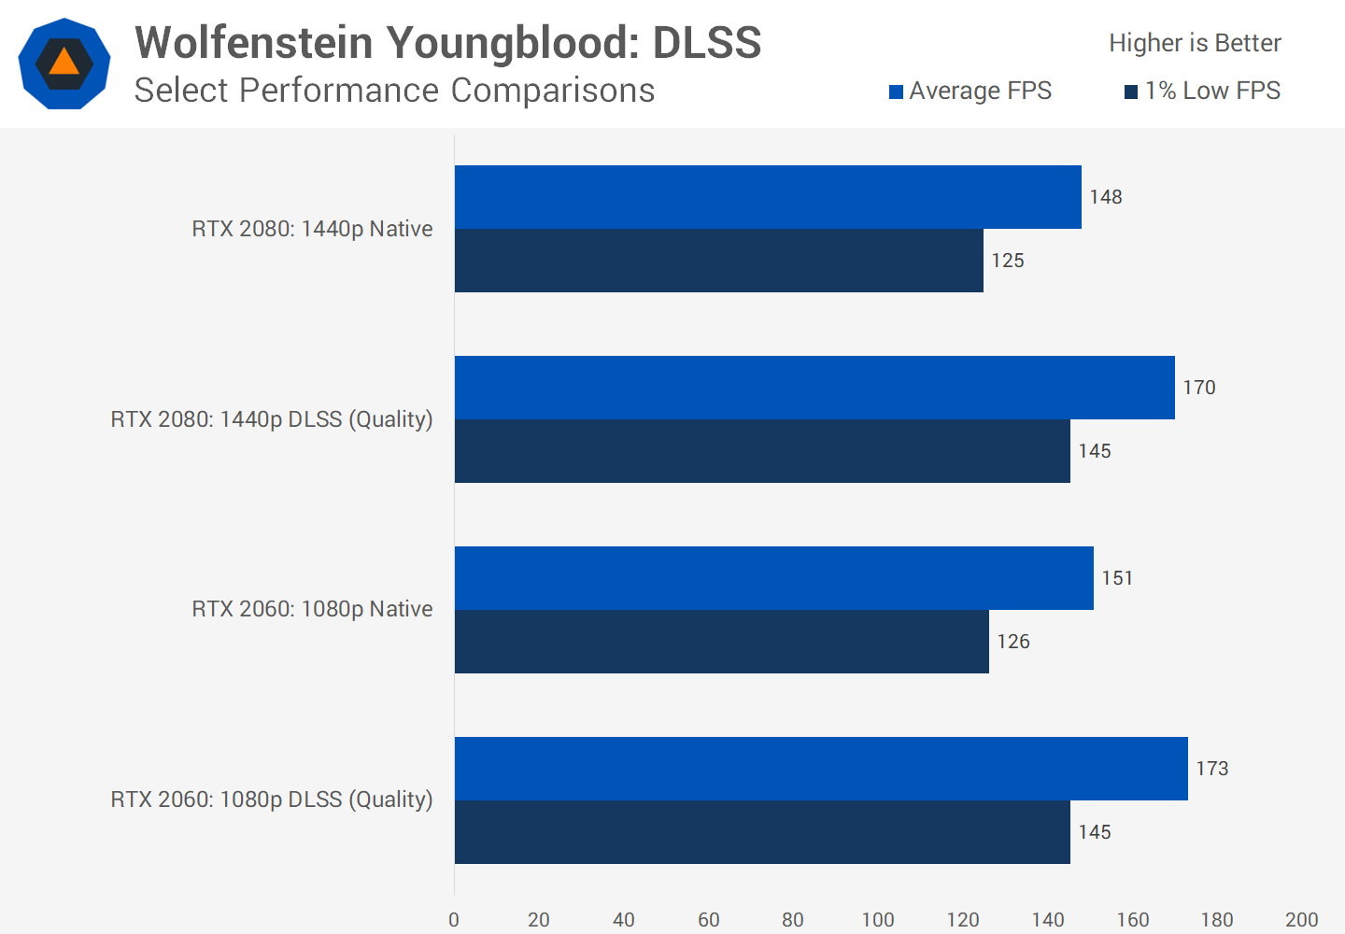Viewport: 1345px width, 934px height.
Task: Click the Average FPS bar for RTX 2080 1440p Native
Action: pyautogui.click(x=768, y=197)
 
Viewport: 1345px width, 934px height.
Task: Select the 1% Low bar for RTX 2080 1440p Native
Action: pyautogui.click(x=719, y=261)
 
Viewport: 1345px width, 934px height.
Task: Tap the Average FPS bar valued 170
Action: pyautogui.click(x=814, y=388)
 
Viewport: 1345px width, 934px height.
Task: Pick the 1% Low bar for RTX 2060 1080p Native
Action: pyautogui.click(x=722, y=642)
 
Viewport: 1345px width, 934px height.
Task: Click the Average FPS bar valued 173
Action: pyautogui.click(x=821, y=769)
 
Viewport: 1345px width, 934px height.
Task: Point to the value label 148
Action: pyautogui.click(x=1106, y=197)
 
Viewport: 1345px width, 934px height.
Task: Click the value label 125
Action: pyautogui.click(x=1008, y=261)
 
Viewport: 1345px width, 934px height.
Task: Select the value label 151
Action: pyautogui.click(x=1117, y=578)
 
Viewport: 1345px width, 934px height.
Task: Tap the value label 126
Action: pyautogui.click(x=1013, y=642)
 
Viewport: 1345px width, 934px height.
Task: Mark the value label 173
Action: pyautogui.click(x=1212, y=769)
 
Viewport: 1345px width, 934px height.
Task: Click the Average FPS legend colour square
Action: pyautogui.click(x=896, y=92)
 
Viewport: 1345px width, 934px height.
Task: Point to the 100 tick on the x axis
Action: pyautogui.click(x=878, y=920)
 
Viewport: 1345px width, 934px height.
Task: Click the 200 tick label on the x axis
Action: pyautogui.click(x=1301, y=920)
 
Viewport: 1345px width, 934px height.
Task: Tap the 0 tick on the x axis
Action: pyautogui.click(x=454, y=920)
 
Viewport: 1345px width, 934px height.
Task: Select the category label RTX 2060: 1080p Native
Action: pyautogui.click(x=312, y=609)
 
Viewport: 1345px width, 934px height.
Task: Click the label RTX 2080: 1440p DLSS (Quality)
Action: pyautogui.click(x=272, y=419)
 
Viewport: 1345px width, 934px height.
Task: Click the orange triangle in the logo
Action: pyautogui.click(x=64, y=63)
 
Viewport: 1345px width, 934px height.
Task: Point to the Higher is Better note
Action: pyautogui.click(x=1195, y=43)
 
